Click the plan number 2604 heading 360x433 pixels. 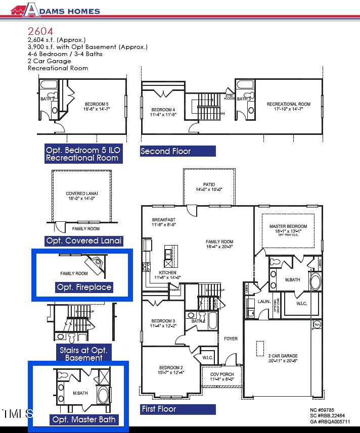click(40, 31)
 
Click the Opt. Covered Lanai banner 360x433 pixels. click(84, 241)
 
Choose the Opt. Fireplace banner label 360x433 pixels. click(84, 287)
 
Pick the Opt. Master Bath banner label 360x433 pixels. click(84, 419)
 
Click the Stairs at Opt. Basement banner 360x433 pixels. click(84, 354)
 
